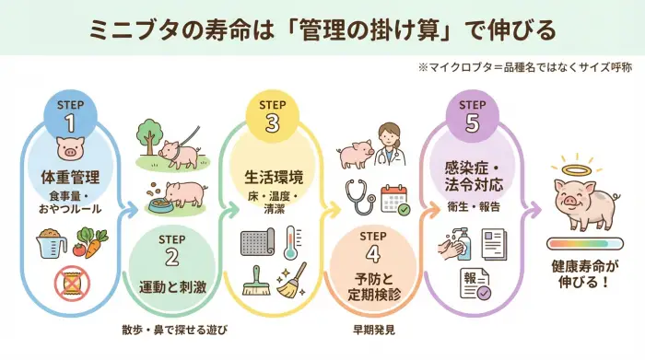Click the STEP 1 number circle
70,115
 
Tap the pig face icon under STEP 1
70,148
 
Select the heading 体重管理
70,176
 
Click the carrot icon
95,243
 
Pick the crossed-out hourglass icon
70,283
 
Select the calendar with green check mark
394,199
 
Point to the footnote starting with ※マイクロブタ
522,67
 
